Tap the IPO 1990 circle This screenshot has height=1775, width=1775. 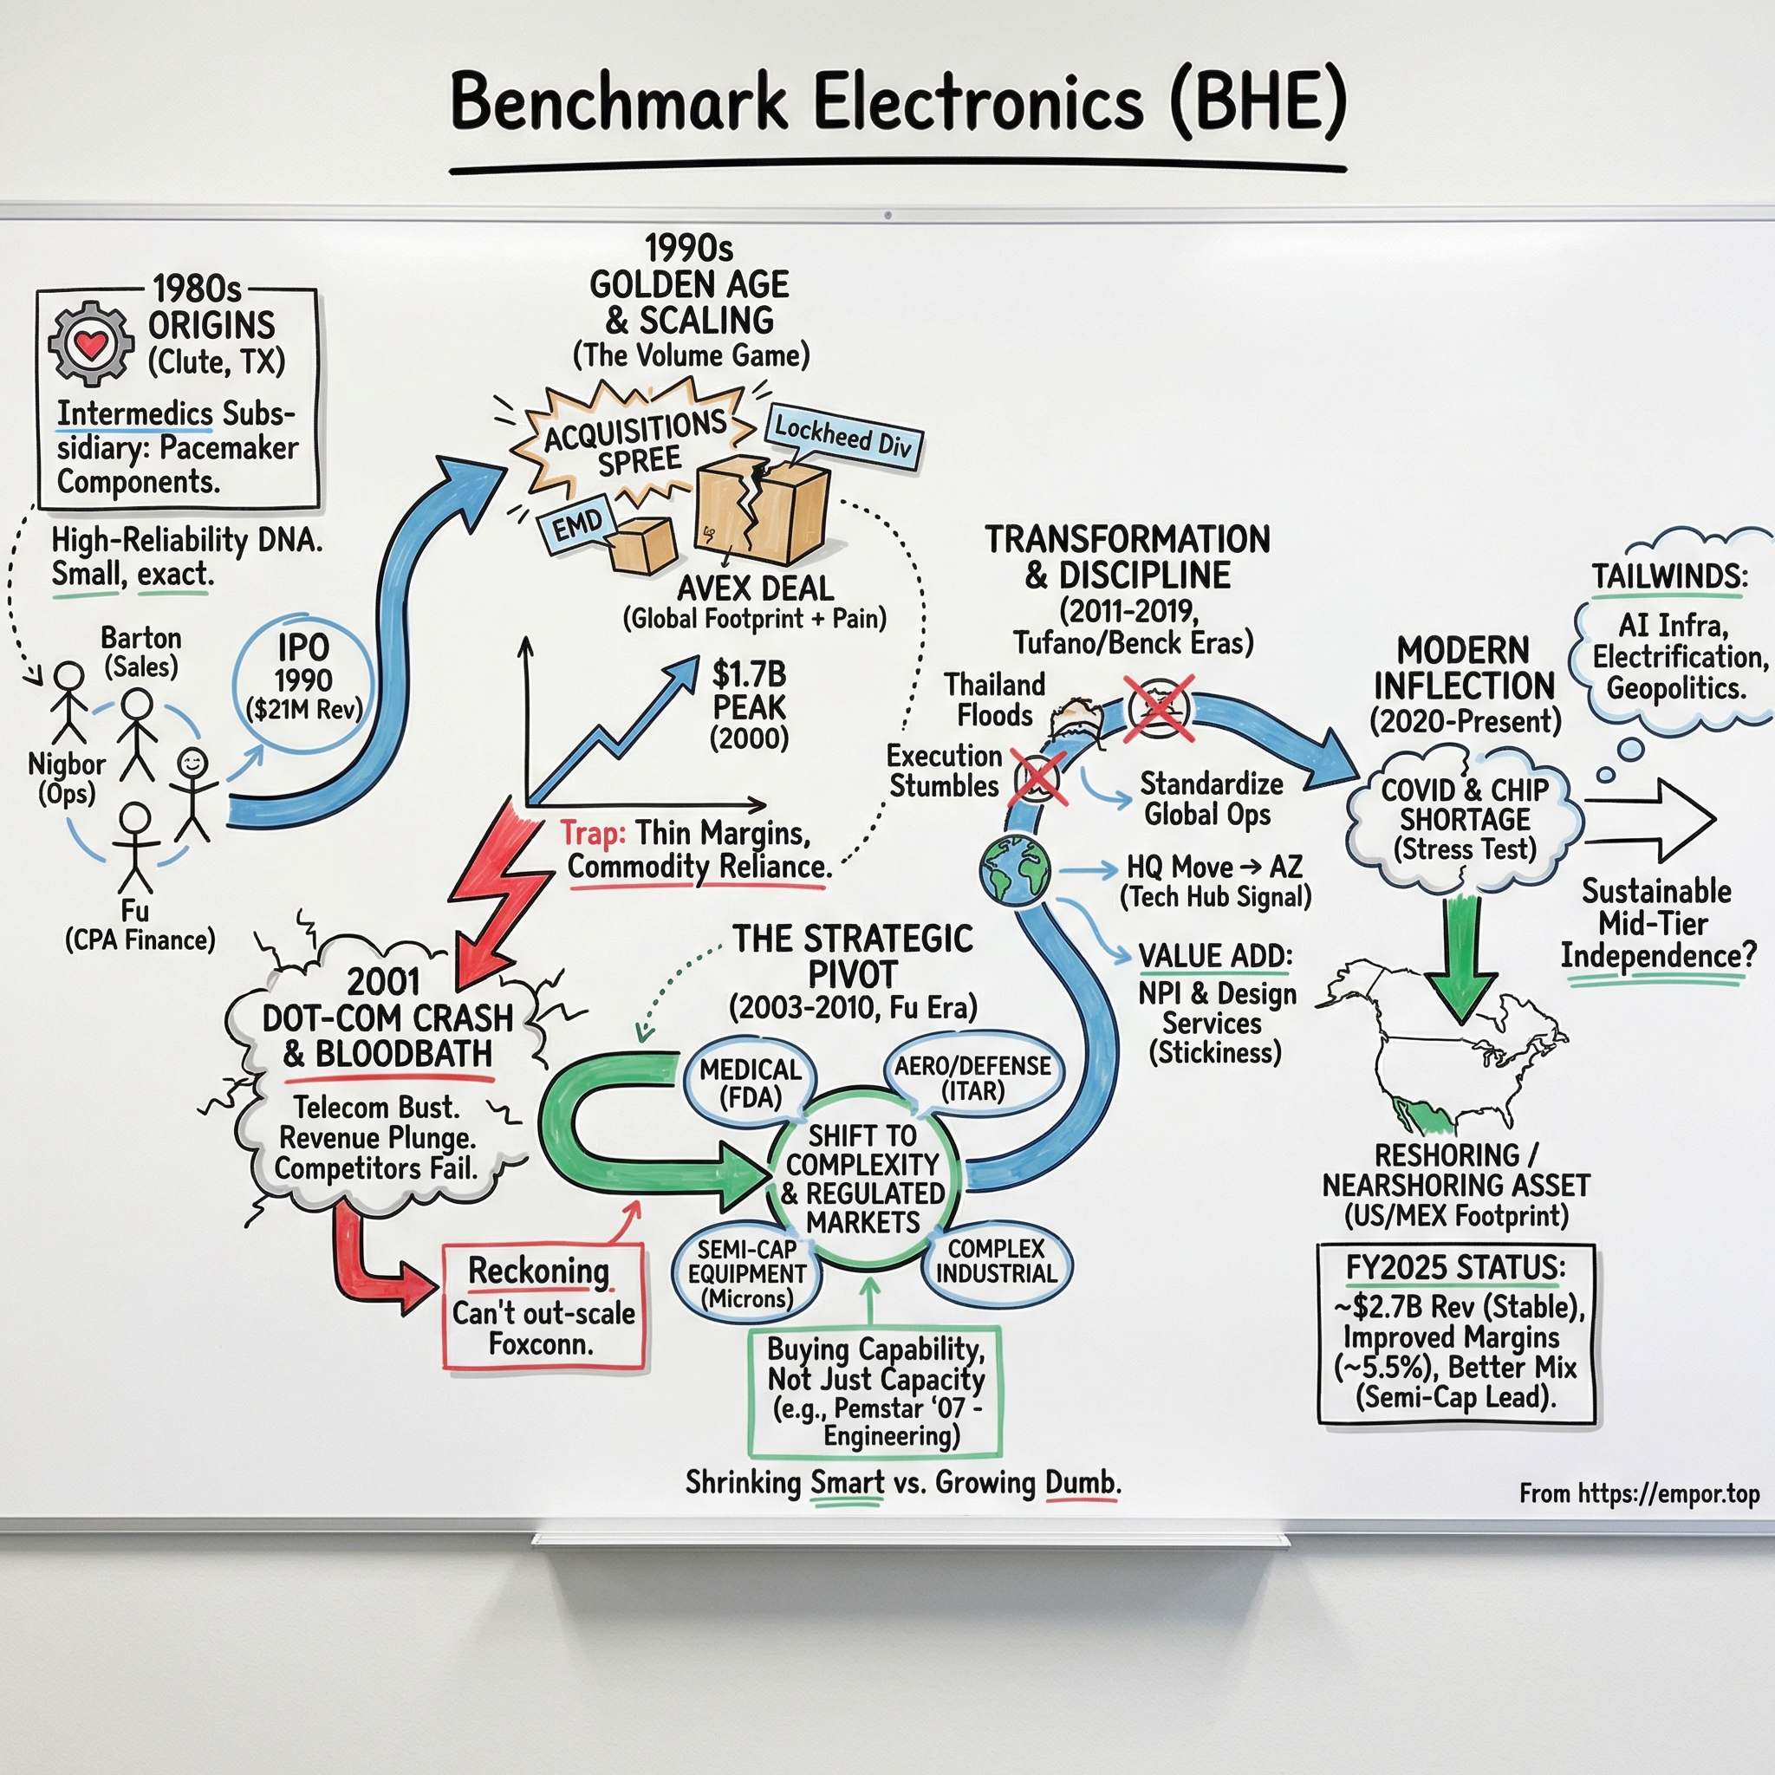point(303,680)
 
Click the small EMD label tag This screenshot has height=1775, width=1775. point(577,526)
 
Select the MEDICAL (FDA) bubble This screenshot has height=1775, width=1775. point(750,1082)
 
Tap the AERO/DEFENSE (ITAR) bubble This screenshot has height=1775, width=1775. point(973,1076)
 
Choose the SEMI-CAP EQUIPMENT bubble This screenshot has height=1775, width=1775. point(746,1273)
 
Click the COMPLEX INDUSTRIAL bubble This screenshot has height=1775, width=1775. point(997,1260)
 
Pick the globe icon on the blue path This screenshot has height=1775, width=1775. point(1014,869)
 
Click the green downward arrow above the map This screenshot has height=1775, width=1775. point(1460,960)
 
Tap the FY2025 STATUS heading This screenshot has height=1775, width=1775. point(1455,1268)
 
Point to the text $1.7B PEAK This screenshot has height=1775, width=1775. point(749,691)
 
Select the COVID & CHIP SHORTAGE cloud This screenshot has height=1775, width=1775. point(1465,818)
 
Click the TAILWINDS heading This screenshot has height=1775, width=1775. point(1669,576)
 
